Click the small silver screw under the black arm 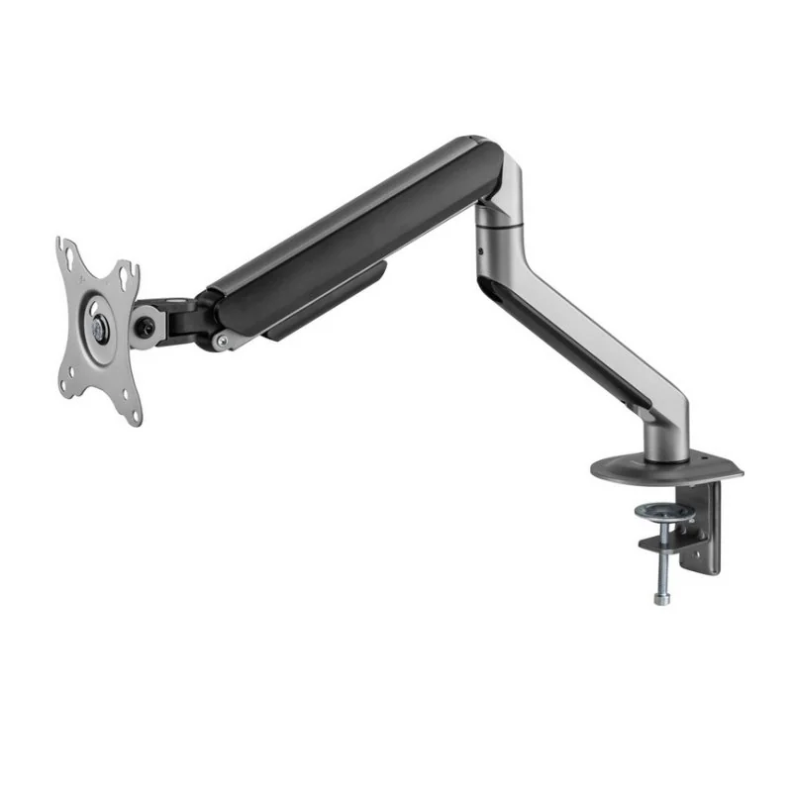222,343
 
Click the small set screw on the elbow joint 481,251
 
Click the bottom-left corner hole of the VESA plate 66,385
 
